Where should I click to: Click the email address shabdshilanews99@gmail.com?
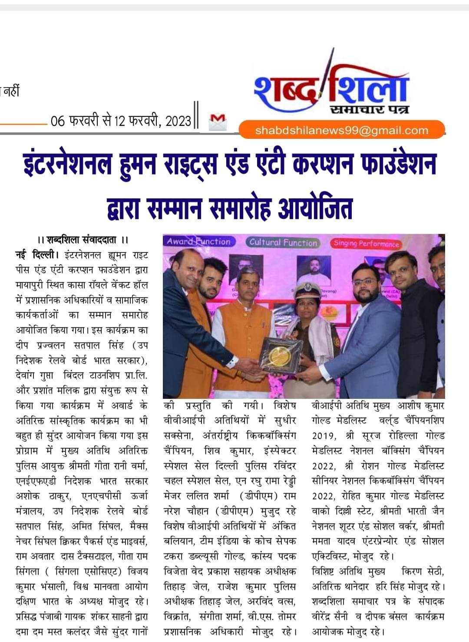(x=342, y=131)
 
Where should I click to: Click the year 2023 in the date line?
(x=178, y=121)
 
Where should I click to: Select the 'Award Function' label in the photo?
(x=199, y=242)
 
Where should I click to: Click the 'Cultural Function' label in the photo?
(x=283, y=243)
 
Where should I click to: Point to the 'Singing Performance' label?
(x=366, y=244)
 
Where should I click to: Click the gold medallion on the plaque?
(x=277, y=356)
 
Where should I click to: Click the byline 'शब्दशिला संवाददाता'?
(x=83, y=240)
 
